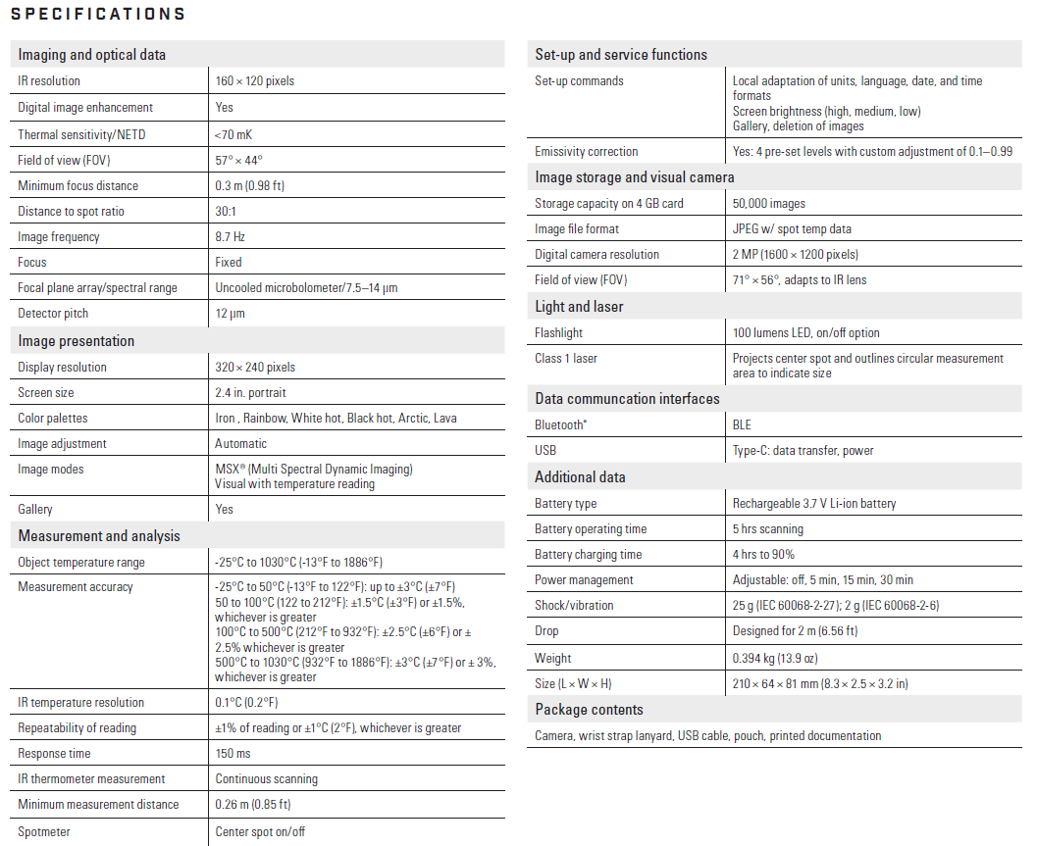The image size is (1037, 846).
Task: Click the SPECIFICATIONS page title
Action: point(97,15)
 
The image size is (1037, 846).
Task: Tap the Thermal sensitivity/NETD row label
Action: point(81,134)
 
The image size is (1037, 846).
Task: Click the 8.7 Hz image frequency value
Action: point(230,236)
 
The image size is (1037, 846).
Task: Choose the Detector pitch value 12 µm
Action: point(230,313)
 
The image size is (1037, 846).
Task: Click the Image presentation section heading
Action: point(77,341)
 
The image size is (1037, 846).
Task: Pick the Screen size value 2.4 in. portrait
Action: point(250,392)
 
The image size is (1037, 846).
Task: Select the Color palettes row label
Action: point(53,418)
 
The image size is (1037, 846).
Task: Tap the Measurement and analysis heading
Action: point(99,536)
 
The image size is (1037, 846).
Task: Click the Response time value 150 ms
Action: point(233,753)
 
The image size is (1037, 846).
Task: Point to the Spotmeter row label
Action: point(44,831)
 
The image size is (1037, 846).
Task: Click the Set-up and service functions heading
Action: point(621,55)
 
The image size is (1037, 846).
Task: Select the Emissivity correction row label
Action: point(587,151)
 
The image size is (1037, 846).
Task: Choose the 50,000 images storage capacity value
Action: point(769,203)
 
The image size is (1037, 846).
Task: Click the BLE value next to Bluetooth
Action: point(743,424)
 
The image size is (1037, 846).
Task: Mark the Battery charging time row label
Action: point(589,554)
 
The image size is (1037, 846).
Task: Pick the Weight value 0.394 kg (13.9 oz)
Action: point(775,658)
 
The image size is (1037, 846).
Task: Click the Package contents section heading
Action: point(590,710)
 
